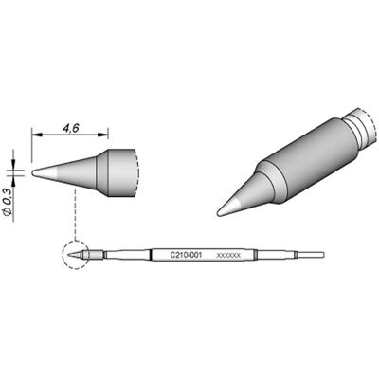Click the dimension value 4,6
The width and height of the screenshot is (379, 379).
click(x=71, y=128)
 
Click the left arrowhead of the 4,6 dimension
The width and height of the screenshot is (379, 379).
click(x=37, y=135)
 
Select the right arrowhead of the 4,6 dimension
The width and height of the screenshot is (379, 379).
click(x=103, y=135)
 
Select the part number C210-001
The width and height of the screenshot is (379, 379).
click(x=186, y=255)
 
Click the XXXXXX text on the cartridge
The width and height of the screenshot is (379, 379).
click(x=228, y=255)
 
